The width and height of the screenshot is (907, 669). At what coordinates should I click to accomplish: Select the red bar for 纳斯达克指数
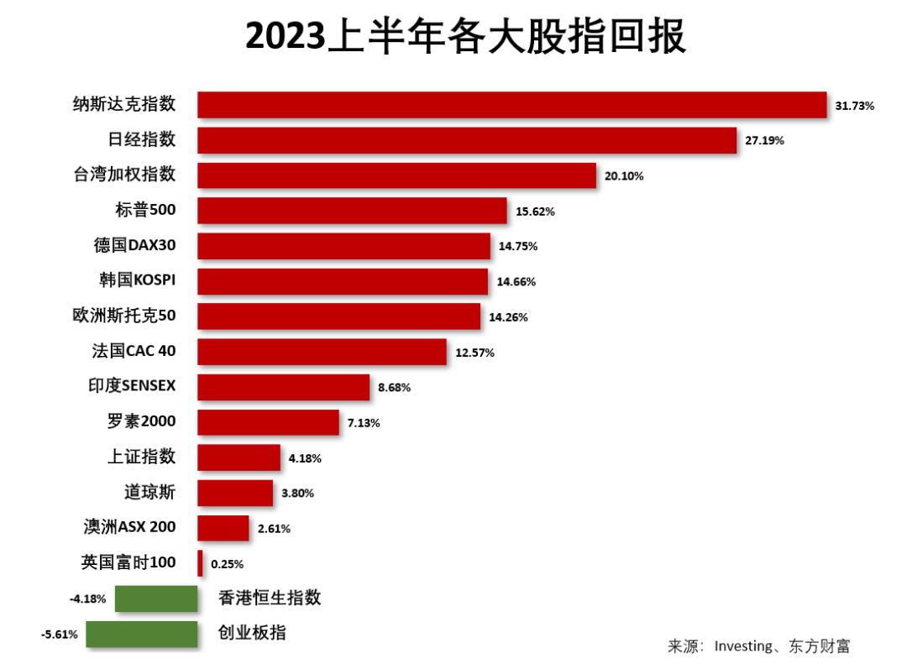click(x=511, y=105)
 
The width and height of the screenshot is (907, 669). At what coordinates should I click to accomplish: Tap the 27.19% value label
click(x=764, y=141)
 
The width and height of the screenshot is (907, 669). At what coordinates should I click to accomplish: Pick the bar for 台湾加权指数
click(x=396, y=175)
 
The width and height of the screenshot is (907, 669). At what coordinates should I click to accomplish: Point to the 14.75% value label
click(x=517, y=247)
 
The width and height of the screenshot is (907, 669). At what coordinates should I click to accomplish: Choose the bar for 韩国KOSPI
click(x=343, y=282)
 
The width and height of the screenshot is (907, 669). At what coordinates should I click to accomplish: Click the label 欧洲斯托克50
click(x=124, y=316)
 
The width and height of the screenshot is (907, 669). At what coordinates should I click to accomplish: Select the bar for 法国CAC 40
click(x=322, y=352)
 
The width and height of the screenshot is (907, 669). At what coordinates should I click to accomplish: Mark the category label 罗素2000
click(x=141, y=421)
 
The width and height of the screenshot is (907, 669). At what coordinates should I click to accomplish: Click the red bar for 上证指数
click(x=239, y=457)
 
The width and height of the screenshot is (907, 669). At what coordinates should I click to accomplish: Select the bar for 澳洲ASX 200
click(x=223, y=528)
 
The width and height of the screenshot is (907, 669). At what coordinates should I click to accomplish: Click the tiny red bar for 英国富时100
click(x=200, y=563)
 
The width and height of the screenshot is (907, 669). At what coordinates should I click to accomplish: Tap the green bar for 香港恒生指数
click(x=156, y=598)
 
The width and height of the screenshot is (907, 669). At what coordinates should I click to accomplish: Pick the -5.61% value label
click(x=60, y=635)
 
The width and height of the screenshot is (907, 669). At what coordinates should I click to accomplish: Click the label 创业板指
click(x=252, y=632)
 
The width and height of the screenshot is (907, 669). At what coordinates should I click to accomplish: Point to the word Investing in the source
click(x=742, y=646)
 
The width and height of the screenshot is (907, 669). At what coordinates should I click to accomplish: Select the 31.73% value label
click(x=855, y=106)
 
